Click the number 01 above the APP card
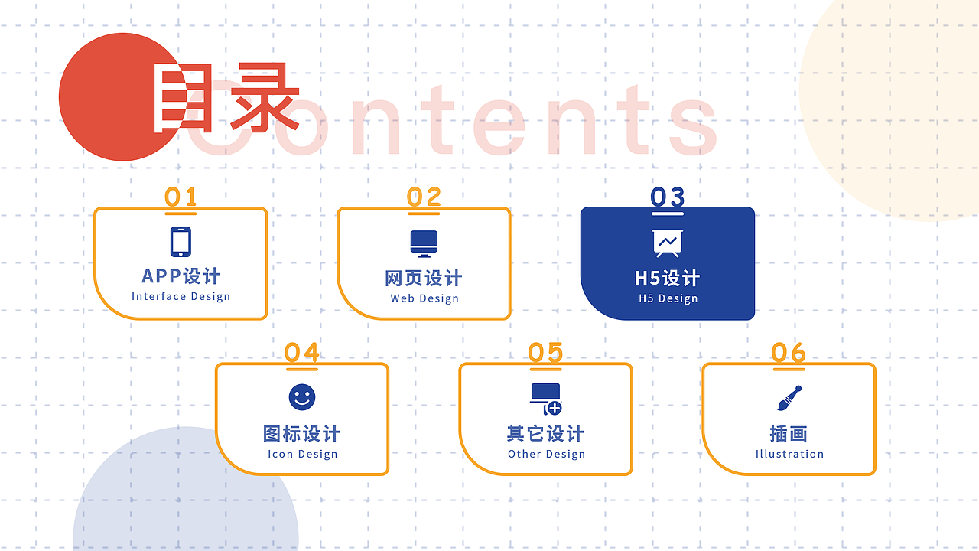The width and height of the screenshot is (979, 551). [x=181, y=197]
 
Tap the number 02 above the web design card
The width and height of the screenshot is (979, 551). [x=424, y=197]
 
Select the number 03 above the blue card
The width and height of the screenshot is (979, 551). [x=667, y=197]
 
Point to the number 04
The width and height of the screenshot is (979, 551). [x=302, y=353]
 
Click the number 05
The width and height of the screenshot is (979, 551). [x=545, y=353]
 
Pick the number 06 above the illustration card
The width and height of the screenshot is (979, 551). [x=789, y=353]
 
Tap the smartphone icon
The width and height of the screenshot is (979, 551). [x=181, y=242]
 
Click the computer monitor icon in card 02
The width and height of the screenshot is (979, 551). [x=424, y=243]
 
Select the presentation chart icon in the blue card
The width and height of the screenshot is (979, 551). [x=667, y=243]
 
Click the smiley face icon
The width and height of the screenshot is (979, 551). [x=302, y=397]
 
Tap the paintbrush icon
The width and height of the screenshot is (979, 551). [x=789, y=398]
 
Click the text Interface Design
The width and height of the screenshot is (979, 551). [x=181, y=297]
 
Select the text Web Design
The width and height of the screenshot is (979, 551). [x=424, y=298]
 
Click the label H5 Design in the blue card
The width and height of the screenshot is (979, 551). [x=668, y=298]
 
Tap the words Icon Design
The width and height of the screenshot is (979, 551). [x=302, y=454]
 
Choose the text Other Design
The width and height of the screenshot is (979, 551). [x=546, y=454]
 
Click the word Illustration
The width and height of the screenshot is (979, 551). [x=789, y=454]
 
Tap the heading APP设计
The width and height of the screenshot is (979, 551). [x=181, y=275]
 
